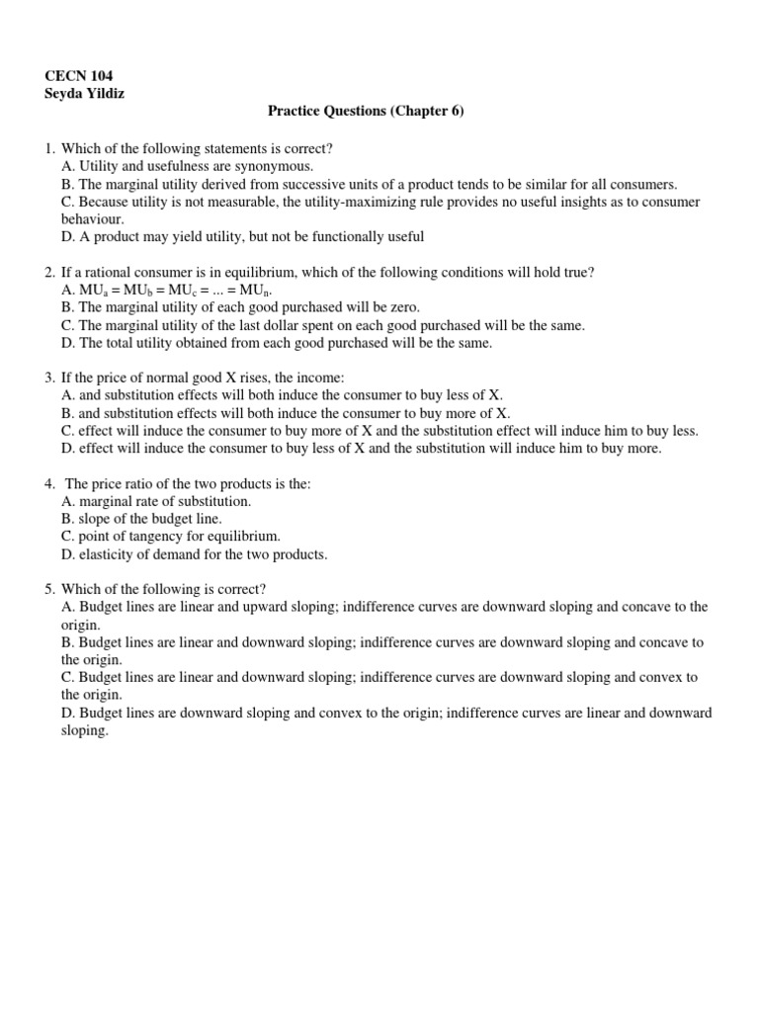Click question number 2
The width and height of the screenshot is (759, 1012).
pos(49,272)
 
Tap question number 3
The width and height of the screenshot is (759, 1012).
pos(49,379)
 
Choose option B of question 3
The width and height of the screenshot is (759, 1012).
pos(287,414)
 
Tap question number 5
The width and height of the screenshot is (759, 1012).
pos(49,590)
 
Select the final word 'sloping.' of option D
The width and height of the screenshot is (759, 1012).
pos(84,731)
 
